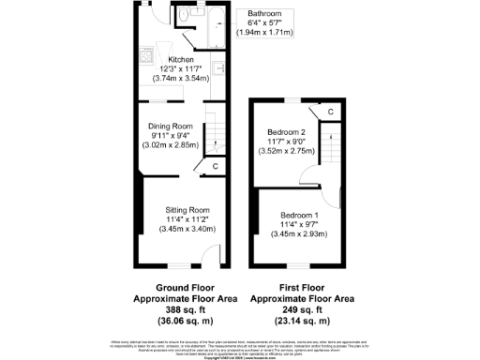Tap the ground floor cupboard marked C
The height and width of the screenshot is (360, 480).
(215, 167)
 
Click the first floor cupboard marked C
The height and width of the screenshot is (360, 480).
(331, 112)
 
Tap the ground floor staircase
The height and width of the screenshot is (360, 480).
(215, 137)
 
